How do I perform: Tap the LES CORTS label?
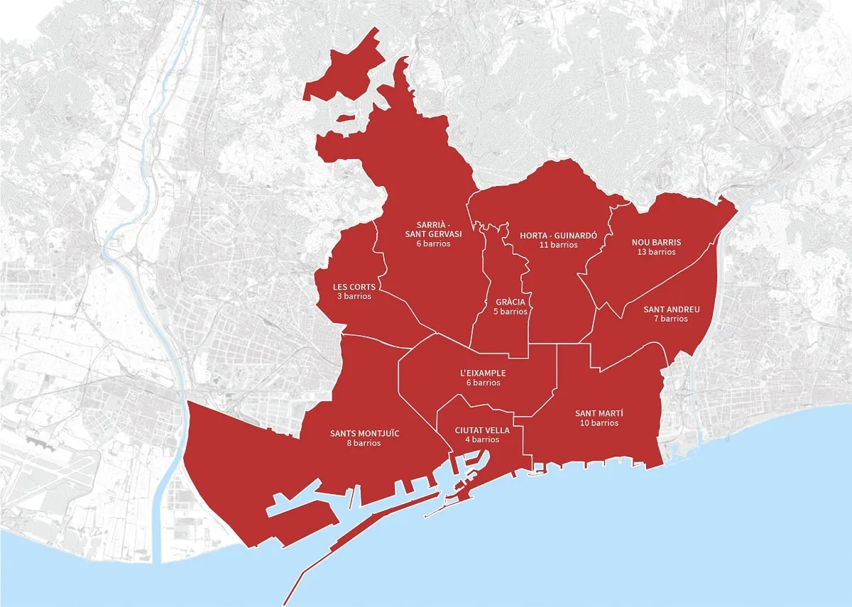coord(354,287)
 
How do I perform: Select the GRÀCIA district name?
coord(511,302)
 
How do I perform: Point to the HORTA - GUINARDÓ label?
coord(559,236)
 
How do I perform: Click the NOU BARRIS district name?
coord(656,242)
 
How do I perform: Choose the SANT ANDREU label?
coord(672,310)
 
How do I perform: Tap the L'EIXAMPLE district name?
coord(484,373)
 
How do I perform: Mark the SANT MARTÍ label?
coord(599,413)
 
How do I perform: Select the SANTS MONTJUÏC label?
coord(364,433)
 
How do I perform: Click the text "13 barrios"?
coord(656,252)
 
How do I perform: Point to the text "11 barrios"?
coord(559,245)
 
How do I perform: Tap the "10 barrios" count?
coord(599,423)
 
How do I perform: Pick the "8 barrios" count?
coord(364,443)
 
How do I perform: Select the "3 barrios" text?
coord(354,296)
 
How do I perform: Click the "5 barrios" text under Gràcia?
coord(511,312)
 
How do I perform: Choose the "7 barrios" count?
coord(672,319)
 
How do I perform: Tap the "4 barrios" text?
coord(482,439)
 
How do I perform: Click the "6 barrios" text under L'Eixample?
coord(484,383)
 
